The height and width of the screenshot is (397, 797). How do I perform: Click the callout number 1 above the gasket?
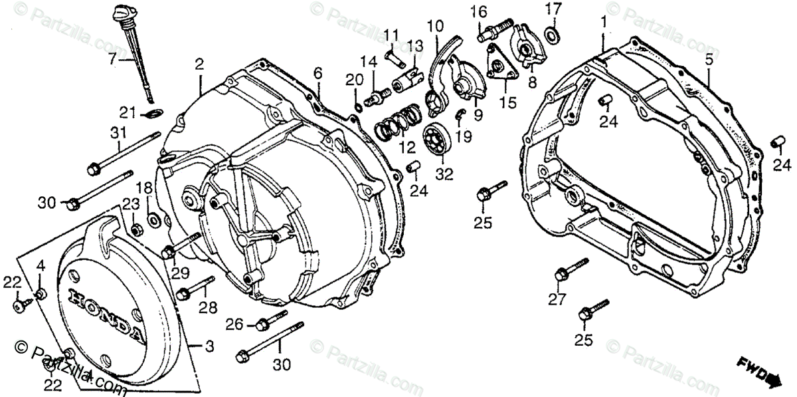point(604,22)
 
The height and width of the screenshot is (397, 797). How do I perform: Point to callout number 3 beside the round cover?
point(209,346)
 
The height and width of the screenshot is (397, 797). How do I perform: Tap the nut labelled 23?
point(136,229)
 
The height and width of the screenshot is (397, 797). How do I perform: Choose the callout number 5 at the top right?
point(709,59)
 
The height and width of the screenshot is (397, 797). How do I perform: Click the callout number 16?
point(479,11)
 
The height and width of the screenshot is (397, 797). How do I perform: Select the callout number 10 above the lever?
point(435,27)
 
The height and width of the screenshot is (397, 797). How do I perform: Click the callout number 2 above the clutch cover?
point(199,64)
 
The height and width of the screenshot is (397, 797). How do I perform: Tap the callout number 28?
point(208,307)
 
